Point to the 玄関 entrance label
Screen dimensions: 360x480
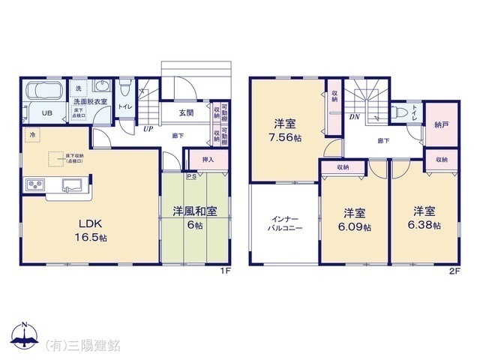(187, 112)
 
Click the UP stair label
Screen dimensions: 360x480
(149, 128)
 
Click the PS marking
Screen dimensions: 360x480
(191, 177)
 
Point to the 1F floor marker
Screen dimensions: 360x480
(224, 271)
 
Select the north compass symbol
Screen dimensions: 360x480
(25, 335)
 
